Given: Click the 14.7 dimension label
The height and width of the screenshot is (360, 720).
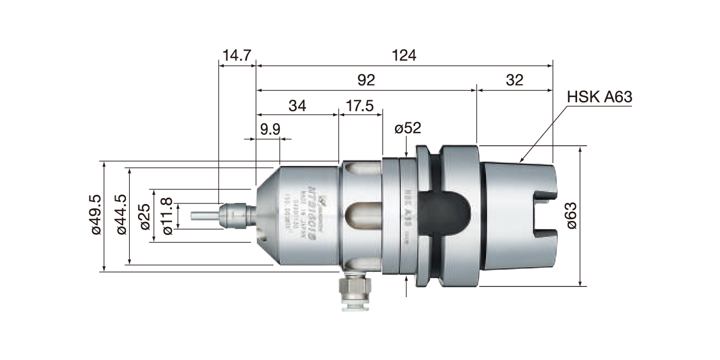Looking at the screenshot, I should click(x=236, y=55).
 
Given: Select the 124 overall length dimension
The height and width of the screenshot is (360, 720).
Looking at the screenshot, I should click(x=404, y=55).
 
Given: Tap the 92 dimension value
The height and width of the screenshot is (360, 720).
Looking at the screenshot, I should click(x=367, y=80).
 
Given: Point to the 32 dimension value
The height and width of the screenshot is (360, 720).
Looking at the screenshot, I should click(x=514, y=80).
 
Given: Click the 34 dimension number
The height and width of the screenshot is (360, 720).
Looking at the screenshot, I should click(x=297, y=105).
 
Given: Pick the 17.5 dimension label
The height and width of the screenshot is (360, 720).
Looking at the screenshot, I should click(x=359, y=105).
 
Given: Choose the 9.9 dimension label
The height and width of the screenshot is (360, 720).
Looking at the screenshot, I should click(x=271, y=130).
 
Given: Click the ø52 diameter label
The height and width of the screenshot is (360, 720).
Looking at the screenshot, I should click(x=408, y=129).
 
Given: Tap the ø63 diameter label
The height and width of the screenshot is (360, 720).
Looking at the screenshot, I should click(x=570, y=216).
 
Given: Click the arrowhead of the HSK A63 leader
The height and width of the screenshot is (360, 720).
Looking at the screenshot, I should click(x=522, y=160).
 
